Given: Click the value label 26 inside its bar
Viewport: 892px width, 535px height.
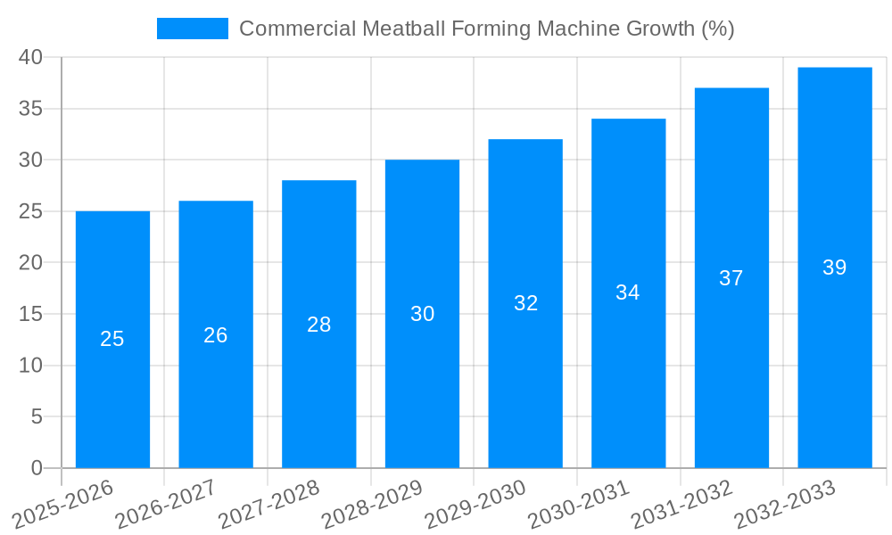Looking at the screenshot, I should click(x=216, y=335).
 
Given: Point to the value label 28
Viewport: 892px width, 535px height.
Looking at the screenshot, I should click(x=319, y=325).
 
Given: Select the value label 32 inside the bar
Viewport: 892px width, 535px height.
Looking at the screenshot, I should click(x=526, y=303).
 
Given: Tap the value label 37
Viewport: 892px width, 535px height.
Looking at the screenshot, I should click(x=731, y=278).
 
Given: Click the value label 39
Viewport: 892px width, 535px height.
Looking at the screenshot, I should click(x=835, y=267).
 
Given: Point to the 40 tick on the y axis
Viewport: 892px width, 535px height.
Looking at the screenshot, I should click(x=31, y=57).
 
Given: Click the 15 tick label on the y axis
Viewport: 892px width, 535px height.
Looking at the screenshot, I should click(x=31, y=314).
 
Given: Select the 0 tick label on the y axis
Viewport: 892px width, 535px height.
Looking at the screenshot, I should click(x=37, y=468).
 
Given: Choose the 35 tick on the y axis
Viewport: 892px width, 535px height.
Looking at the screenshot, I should click(x=31, y=109).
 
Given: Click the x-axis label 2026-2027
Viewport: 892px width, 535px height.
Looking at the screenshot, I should click(x=165, y=505).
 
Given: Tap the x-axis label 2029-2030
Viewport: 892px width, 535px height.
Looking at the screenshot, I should click(x=475, y=505).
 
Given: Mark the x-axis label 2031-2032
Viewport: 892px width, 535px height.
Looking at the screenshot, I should click(x=681, y=505).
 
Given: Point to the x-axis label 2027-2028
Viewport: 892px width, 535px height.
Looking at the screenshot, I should click(x=268, y=505).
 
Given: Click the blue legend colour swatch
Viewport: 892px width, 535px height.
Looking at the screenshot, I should click(x=193, y=29).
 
